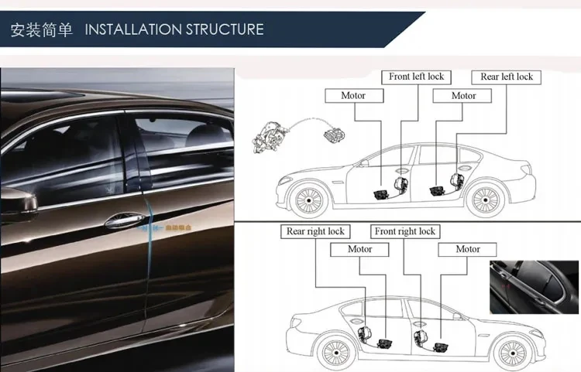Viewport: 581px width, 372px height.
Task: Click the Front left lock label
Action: coord(416,77)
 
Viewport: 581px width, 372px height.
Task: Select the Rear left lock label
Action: coord(506,77)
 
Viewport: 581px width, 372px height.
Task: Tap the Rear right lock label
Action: coord(315,230)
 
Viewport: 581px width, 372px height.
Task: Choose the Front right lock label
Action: coord(404,230)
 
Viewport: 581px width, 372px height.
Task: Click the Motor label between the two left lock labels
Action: coord(463,95)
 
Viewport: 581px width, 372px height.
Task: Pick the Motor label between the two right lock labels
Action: coord(359,249)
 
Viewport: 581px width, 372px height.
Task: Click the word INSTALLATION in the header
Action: coord(132,29)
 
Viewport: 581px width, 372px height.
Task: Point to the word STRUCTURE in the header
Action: coord(224,29)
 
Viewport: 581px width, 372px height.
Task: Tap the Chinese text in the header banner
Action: coord(41,29)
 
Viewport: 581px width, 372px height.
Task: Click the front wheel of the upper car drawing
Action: coord(307,200)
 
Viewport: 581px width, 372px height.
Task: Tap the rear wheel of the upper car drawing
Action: coord(497,200)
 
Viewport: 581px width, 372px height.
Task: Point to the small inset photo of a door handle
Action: coord(535,286)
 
